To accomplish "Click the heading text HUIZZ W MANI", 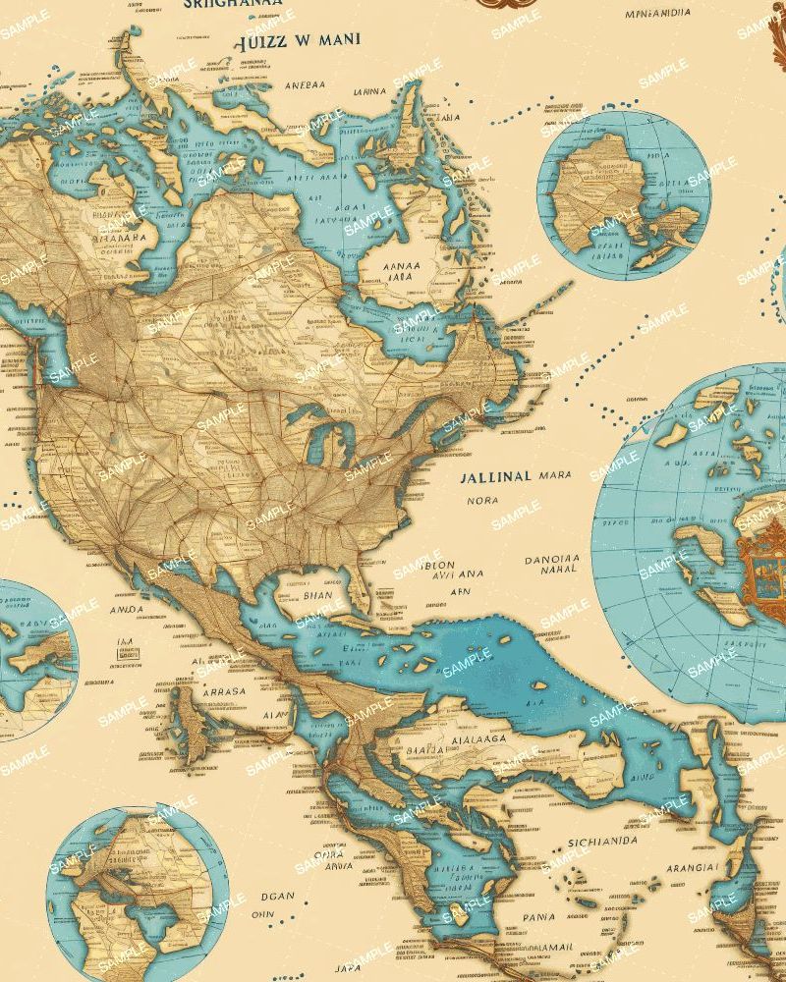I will tap(298, 42).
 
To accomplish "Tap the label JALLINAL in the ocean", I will tap(495, 476).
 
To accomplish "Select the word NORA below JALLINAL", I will tap(481, 499).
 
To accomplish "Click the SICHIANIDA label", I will tap(595, 842).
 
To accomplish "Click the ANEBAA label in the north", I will tap(306, 84).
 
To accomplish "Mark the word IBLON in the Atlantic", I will tap(437, 565).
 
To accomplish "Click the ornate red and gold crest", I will tap(760, 570).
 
